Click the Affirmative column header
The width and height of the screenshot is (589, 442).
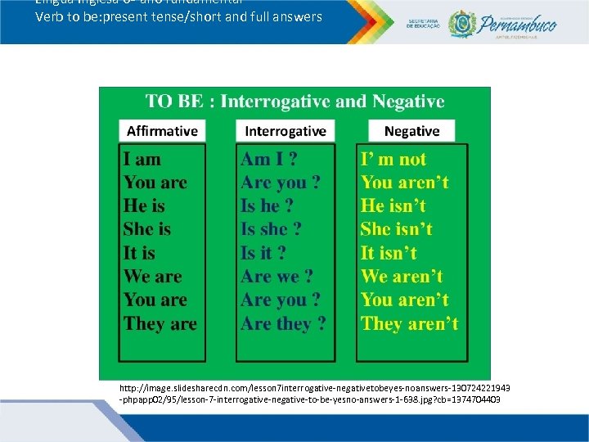click(162, 131)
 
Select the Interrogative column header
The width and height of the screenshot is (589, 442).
click(286, 131)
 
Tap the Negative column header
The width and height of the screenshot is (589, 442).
click(411, 131)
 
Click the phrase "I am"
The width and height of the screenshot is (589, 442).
click(142, 160)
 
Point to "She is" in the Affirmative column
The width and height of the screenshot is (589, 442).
click(147, 229)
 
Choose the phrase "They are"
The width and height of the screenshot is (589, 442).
click(160, 323)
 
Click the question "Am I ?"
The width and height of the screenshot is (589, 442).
click(268, 160)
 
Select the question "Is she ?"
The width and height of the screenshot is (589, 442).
click(271, 229)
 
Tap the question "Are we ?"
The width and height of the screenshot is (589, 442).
click(277, 277)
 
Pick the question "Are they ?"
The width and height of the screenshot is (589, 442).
click(283, 323)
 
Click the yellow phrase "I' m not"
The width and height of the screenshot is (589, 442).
click(393, 160)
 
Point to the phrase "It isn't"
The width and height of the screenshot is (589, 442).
click(389, 253)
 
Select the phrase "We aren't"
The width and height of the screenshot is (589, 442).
click(402, 277)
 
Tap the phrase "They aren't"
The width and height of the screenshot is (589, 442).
click(410, 323)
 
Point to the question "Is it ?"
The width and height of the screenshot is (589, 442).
click(263, 253)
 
